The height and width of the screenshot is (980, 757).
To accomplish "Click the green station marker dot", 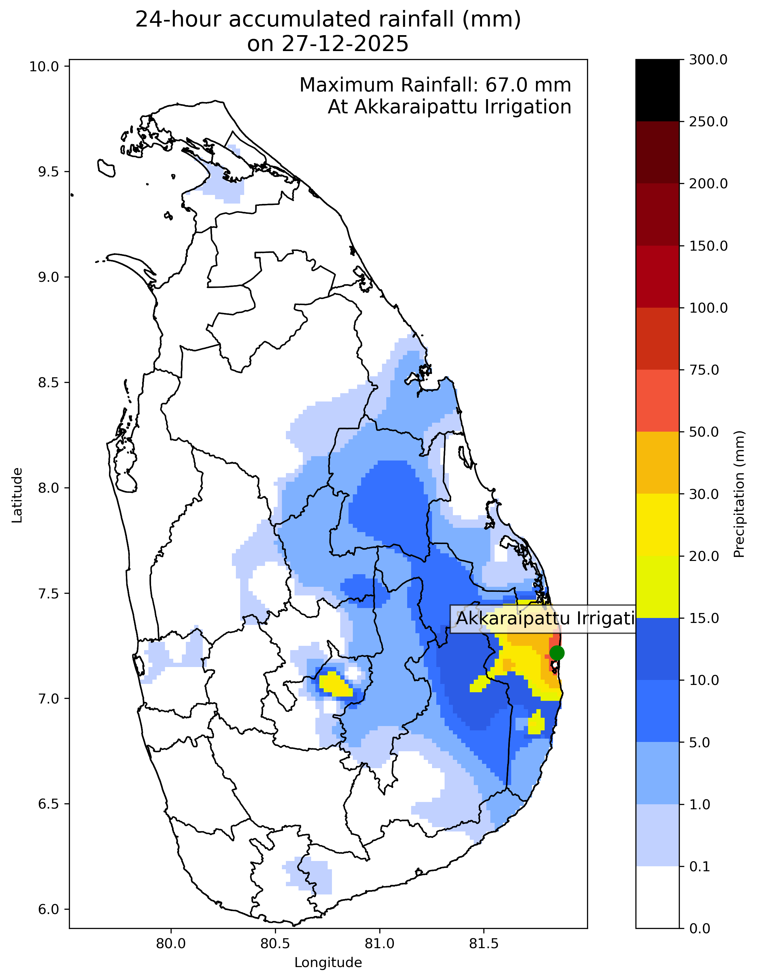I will [x=557, y=652].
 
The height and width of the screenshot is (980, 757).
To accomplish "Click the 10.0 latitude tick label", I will [x=45, y=66].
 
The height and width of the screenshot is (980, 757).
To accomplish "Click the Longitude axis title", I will [x=328, y=962].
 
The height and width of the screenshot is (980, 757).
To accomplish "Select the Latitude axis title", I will [x=17, y=495].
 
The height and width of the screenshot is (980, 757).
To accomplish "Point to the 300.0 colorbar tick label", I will [x=708, y=60].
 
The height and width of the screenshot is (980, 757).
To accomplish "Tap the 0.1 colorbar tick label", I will [x=700, y=867].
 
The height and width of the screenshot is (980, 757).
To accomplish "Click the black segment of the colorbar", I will [x=657, y=90].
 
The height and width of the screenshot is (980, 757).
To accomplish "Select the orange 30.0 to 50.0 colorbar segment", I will [x=657, y=462].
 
